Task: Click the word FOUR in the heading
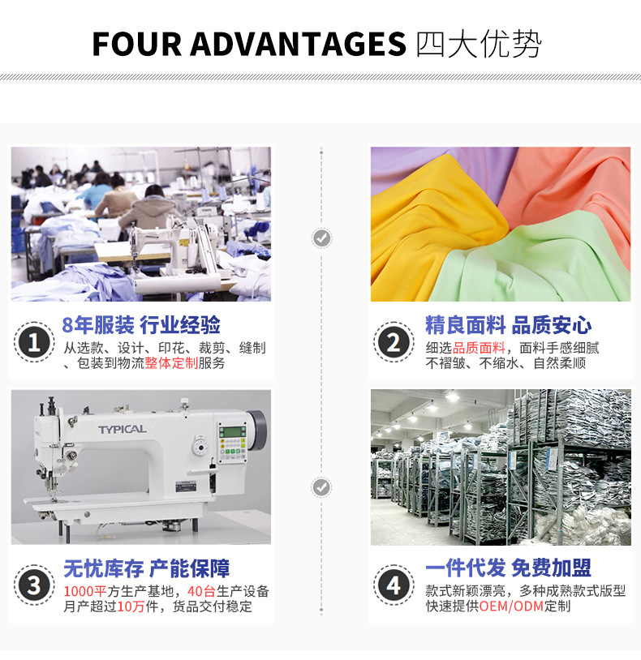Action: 136,44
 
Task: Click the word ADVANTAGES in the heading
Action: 298,44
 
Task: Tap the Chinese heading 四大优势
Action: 479,44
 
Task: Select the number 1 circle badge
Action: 34,342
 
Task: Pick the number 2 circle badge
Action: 394,342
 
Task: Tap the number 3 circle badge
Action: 34,585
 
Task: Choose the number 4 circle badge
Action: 394,585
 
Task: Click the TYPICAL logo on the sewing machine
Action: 123,430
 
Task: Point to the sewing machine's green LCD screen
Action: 232,431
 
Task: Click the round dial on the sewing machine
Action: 200,447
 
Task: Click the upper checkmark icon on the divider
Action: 322,238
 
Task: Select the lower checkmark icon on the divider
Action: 322,487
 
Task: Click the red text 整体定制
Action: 171,362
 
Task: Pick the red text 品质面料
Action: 479,348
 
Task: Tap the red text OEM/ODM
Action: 511,606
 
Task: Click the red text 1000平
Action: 85,591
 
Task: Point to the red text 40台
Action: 201,591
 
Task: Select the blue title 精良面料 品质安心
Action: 508,325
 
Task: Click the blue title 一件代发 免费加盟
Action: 508,568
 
